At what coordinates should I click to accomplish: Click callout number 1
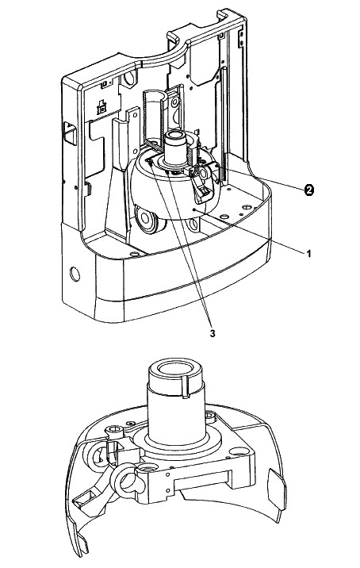(308, 254)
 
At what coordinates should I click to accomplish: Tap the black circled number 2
(308, 190)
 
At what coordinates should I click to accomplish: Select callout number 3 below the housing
(213, 333)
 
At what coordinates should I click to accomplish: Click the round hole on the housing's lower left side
(75, 274)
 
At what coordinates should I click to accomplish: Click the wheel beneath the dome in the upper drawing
(147, 219)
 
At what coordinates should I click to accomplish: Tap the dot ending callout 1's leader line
(194, 209)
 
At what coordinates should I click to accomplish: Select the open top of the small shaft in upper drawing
(176, 136)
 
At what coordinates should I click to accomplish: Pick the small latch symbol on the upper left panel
(102, 107)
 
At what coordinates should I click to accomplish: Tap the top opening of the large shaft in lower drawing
(176, 369)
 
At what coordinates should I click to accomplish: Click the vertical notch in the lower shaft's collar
(186, 387)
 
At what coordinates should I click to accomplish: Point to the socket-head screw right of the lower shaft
(209, 416)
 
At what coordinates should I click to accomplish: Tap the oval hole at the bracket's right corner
(239, 451)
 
